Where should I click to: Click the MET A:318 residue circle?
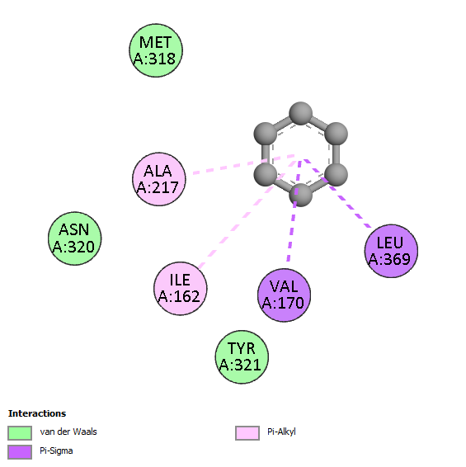[x=156, y=50]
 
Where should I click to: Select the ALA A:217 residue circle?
[x=159, y=179]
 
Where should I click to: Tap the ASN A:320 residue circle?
[x=75, y=238]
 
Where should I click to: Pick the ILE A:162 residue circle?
[x=181, y=288]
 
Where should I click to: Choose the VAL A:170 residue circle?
[x=284, y=295]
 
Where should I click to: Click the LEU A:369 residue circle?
[x=391, y=251]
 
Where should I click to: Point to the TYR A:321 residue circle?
[x=242, y=356]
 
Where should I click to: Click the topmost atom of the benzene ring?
[x=301, y=114]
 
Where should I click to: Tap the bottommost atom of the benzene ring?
[x=301, y=195]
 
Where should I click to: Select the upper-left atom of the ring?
[x=266, y=134]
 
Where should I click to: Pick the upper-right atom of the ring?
[x=337, y=134]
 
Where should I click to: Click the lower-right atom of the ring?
[x=337, y=175]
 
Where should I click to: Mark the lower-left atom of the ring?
[x=266, y=175]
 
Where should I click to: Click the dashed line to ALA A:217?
[x=243, y=164]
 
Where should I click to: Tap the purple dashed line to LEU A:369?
[x=337, y=194]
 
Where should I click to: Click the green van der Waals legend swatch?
[x=20, y=432]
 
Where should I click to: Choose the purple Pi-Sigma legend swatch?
[x=20, y=452]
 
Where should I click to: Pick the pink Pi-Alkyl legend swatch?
[x=247, y=432]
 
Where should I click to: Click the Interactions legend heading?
[x=37, y=413]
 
